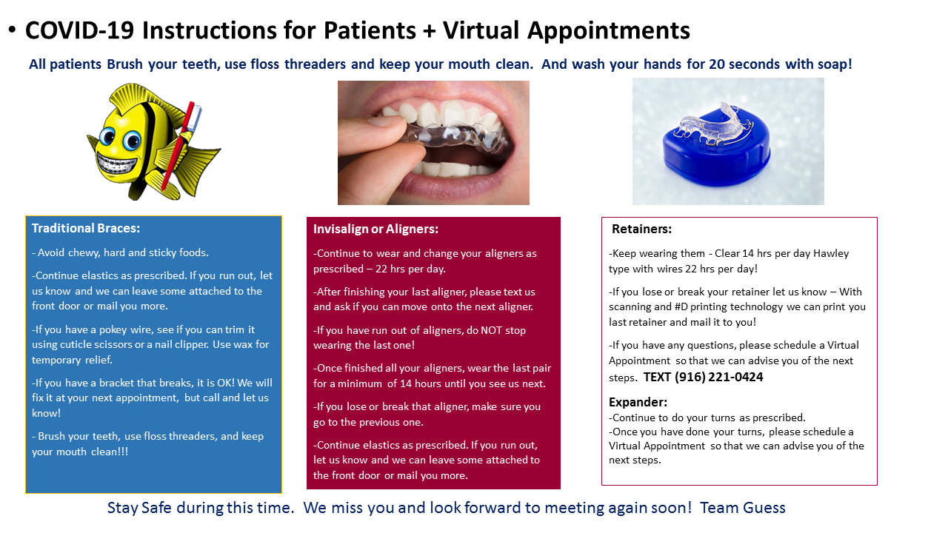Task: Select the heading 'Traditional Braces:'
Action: coord(86,229)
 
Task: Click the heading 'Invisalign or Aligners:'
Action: coord(375,229)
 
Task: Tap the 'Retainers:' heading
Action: coord(641,229)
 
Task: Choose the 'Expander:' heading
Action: coord(638,402)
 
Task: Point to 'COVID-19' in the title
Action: coord(79,30)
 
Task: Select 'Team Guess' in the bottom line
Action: coord(743,508)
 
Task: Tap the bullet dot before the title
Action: coord(12,30)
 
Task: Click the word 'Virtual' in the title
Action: coord(481,30)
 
